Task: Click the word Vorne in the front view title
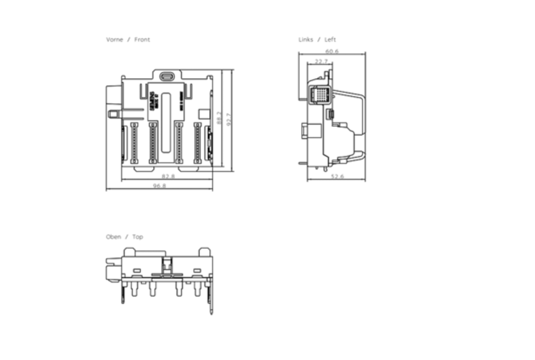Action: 115,40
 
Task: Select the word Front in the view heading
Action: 142,40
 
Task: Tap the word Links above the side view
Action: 306,40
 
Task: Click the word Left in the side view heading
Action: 330,40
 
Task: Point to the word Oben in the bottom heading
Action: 113,237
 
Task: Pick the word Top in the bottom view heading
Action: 138,237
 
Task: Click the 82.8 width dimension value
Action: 169,176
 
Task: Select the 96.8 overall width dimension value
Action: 160,186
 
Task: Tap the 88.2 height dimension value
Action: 219,118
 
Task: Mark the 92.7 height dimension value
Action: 229,118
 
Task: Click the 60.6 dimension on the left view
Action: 332,52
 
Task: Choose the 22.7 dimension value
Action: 321,61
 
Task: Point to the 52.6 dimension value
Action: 337,176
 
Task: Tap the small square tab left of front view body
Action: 112,113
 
